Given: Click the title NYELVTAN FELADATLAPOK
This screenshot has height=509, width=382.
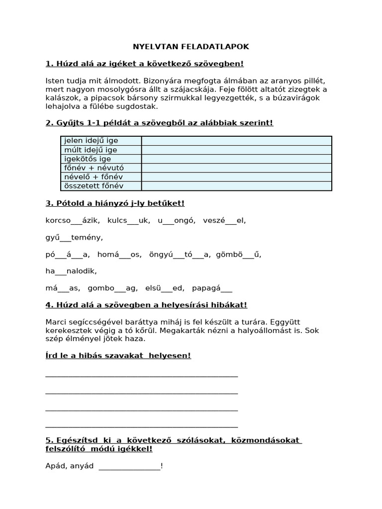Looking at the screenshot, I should tap(191, 47).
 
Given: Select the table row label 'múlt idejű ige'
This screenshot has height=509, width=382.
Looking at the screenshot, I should tap(91, 150).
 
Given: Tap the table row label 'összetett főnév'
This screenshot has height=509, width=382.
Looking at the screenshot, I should tap(94, 186).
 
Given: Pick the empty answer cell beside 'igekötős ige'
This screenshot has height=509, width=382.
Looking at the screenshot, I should tap(236, 159).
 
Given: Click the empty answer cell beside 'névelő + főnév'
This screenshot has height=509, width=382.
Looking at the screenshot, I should tap(236, 177).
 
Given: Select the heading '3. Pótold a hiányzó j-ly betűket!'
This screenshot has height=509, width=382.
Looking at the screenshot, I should tap(115, 203).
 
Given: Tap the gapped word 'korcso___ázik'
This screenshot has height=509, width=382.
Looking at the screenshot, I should tap(73, 220).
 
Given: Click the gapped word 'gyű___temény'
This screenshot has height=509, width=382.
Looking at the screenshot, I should tap(74, 238).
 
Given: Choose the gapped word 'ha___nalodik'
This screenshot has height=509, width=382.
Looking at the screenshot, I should tap(71, 271).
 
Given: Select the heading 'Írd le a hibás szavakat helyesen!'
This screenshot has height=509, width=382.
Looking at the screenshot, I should tap(118, 356).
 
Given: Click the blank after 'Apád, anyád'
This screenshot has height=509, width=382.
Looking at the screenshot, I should tap(129, 467).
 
